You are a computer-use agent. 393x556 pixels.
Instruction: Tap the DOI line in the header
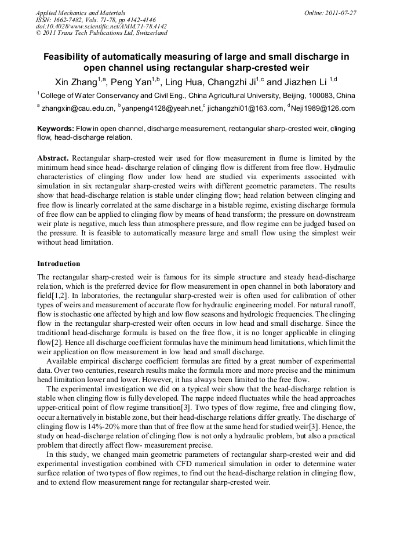[101, 26]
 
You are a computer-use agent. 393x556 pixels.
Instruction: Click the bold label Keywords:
[56, 129]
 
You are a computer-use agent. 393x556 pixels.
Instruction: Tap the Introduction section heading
[60, 263]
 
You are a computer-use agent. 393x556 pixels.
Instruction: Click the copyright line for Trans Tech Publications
[101, 33]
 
